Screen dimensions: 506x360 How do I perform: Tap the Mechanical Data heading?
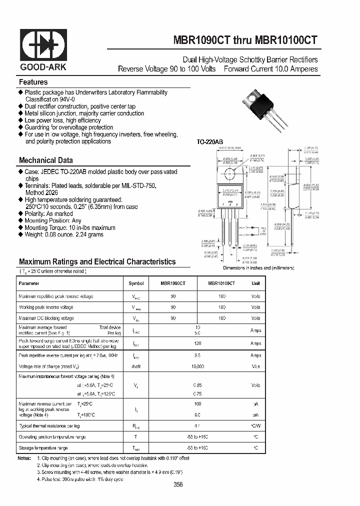[46, 160]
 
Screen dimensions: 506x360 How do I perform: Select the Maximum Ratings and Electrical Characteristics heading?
[97, 262]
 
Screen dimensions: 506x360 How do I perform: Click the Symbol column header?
[136, 283]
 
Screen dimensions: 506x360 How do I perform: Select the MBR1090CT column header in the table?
[173, 283]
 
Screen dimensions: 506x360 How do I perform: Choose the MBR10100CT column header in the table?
[221, 283]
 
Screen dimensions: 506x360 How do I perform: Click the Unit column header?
[256, 283]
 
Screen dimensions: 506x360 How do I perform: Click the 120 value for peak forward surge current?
[197, 344]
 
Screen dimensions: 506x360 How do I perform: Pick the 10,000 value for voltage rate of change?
[197, 366]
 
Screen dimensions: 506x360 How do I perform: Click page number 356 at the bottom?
[178, 484]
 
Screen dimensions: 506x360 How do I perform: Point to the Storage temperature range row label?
[43, 448]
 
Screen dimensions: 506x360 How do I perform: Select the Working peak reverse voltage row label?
[46, 307]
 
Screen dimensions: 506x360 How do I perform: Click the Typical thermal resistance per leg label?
[49, 426]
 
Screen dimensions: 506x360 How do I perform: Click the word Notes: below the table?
[24, 458]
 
